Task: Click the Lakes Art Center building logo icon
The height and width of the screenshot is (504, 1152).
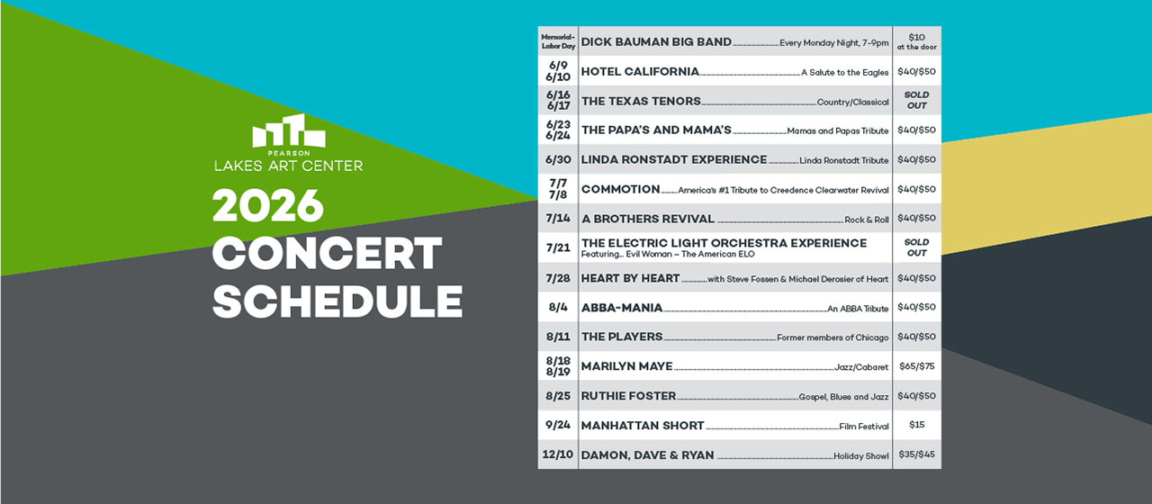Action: [288, 131]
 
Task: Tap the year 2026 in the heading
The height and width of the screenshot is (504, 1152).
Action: [267, 207]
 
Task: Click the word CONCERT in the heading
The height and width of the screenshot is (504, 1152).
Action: [327, 255]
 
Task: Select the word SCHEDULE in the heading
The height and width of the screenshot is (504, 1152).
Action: [337, 302]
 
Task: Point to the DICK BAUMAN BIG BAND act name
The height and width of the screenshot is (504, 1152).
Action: [656, 41]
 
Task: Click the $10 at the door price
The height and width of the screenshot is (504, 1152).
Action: [916, 41]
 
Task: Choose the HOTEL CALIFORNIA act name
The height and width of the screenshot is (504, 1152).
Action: [640, 71]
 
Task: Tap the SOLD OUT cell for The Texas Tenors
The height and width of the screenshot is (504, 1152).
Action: [916, 100]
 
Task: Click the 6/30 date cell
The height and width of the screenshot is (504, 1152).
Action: [558, 159]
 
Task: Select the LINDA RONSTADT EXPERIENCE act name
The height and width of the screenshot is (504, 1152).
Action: [674, 159]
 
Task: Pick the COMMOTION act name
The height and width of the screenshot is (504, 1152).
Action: [621, 189]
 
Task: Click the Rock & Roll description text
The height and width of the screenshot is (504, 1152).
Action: [866, 220]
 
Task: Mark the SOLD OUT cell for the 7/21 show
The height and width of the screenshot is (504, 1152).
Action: [916, 247]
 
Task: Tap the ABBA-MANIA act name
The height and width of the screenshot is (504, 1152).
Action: [622, 308]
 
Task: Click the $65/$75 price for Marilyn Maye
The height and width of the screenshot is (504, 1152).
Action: [916, 366]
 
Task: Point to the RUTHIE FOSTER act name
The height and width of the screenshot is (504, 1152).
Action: [628, 396]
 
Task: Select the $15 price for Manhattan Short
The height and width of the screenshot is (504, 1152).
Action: [916, 425]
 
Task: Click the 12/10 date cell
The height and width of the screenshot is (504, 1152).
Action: [558, 454]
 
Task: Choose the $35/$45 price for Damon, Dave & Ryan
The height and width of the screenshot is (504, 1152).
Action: [916, 454]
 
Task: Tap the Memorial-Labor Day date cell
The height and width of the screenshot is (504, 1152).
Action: [558, 41]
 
